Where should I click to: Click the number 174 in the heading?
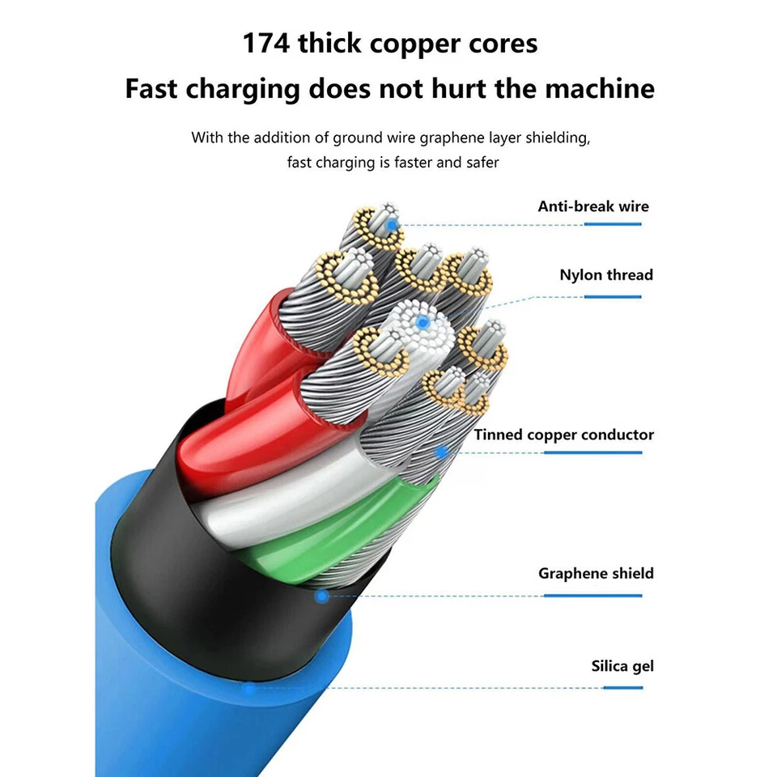[266, 44]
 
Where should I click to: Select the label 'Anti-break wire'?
[593, 206]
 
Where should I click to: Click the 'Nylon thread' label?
[606, 275]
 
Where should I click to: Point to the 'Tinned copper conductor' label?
[564, 435]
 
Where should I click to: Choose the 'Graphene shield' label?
[596, 574]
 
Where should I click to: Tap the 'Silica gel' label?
[622, 667]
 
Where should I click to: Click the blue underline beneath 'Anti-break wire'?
[613, 224]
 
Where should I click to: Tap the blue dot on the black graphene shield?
[321, 597]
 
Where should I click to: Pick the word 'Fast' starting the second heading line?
[151, 88]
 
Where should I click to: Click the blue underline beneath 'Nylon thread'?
[613, 296]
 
